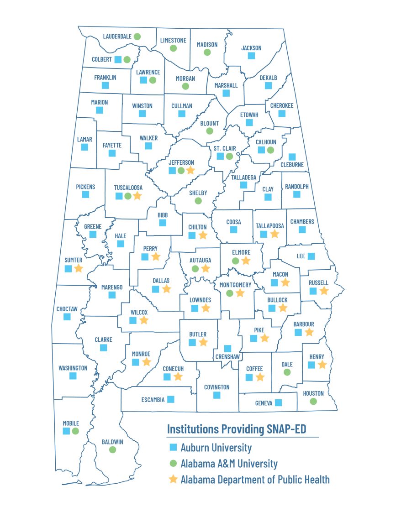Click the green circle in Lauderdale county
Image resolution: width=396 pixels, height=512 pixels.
(x=137, y=36)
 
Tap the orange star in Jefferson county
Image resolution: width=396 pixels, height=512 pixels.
(x=190, y=170)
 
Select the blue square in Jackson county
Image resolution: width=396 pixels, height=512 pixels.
(x=251, y=56)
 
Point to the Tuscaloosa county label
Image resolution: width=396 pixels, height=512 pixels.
(x=128, y=188)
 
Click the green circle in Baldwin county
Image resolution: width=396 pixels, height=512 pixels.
(x=112, y=450)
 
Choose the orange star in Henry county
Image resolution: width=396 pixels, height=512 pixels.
(x=322, y=365)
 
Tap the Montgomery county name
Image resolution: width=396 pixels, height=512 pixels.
(x=235, y=285)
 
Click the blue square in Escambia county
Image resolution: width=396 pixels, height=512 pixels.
(x=170, y=399)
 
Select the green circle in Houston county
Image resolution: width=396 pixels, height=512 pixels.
(x=313, y=402)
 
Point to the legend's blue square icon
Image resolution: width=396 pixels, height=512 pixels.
(x=173, y=447)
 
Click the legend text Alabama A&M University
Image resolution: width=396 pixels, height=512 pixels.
(x=229, y=464)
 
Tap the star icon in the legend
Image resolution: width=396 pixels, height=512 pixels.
(x=173, y=480)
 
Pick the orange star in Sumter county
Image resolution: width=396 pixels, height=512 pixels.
(x=79, y=268)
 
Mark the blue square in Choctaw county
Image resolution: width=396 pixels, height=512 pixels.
(x=67, y=317)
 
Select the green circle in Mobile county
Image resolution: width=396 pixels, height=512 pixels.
(x=75, y=431)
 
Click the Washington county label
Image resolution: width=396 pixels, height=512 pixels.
(x=73, y=368)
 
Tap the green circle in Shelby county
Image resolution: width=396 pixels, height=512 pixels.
(x=198, y=201)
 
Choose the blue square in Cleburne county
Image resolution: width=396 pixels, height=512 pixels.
(x=292, y=157)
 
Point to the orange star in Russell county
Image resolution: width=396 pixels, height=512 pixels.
(x=324, y=291)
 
